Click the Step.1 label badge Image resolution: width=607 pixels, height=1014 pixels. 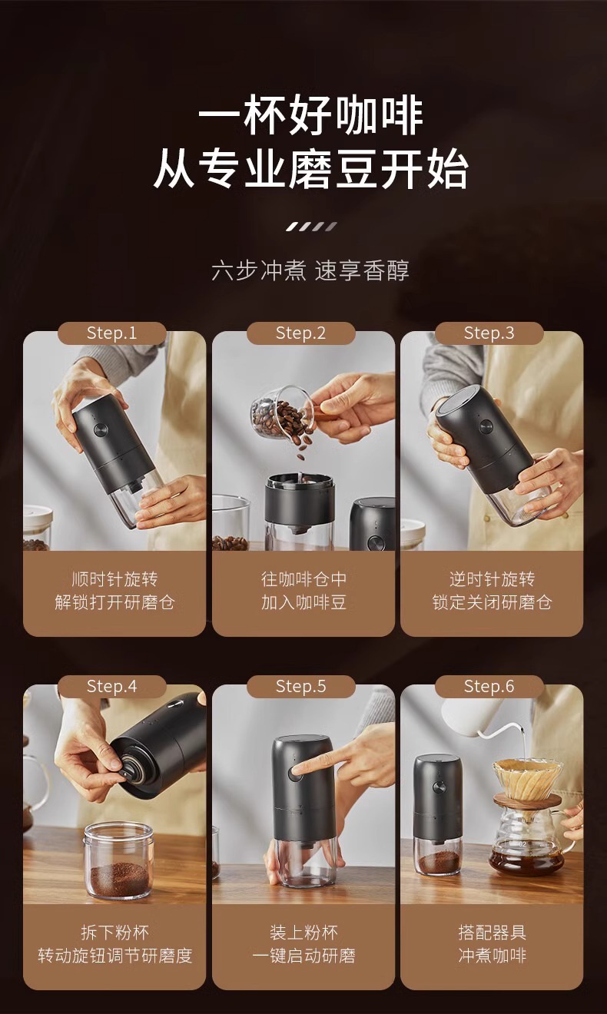pos(112,333)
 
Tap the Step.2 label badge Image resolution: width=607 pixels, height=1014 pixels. pos(301,333)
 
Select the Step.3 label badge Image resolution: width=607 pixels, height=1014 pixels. pos(489,333)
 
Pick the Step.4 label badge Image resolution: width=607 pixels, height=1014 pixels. pos(112,686)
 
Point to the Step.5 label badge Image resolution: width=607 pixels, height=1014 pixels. pos(301,686)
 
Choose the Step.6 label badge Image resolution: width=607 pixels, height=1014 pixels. pos(489,686)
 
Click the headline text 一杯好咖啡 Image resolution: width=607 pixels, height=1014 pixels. pos(310,118)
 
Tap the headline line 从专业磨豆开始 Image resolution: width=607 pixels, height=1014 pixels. pos(310,170)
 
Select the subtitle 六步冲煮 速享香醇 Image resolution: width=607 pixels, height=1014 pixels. pos(310,270)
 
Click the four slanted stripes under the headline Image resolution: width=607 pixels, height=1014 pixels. pos(311,227)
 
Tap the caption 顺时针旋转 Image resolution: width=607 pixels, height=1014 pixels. pos(114,578)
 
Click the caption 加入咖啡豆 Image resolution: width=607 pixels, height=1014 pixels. pos(303,602)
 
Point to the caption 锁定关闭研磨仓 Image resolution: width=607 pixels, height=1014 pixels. pos(492,602)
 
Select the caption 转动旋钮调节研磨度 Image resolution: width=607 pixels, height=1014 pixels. pos(114,956)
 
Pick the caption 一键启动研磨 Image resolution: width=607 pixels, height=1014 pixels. pos(303,956)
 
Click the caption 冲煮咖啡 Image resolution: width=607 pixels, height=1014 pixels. pos(492,956)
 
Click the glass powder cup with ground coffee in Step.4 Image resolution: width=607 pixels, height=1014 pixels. pos(118,860)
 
